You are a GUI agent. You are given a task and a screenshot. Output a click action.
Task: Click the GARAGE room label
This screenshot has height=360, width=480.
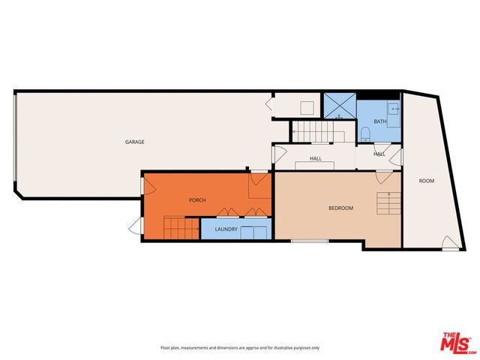pos(135,142)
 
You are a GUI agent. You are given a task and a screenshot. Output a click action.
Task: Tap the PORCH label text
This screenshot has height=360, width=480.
pos(197,199)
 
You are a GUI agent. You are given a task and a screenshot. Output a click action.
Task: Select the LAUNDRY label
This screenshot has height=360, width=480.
pos(226,229)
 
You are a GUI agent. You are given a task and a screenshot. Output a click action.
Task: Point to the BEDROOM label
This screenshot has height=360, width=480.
pos(340,208)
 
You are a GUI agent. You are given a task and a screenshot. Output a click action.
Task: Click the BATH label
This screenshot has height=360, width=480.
pos(380,121)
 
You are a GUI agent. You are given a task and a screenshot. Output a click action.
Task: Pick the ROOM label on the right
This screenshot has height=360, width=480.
pos(426,181)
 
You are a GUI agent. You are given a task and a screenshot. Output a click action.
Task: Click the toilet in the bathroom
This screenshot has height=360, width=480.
pos(365,133)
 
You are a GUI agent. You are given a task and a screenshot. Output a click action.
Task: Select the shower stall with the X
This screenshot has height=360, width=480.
pos(339,106)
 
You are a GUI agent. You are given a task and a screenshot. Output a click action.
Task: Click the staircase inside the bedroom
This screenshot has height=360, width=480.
pos(388,203)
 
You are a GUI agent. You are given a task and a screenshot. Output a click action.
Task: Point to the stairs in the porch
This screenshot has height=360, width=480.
pos(182,227)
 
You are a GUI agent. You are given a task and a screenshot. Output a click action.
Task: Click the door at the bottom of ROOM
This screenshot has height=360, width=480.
pos(450,242)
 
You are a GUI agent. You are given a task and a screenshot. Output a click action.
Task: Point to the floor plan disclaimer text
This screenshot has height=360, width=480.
pos(240,348)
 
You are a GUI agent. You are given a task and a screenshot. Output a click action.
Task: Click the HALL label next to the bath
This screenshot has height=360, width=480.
pos(379,154)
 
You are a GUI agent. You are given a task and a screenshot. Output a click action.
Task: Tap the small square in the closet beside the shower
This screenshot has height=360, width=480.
pos(307,106)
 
